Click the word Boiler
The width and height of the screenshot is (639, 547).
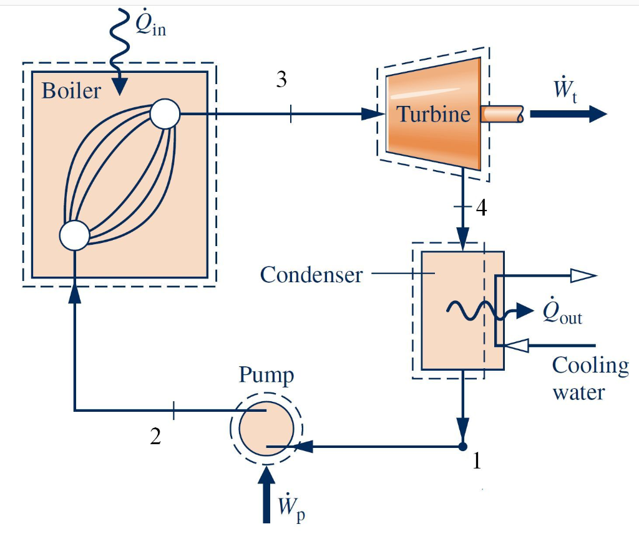[x=71, y=91]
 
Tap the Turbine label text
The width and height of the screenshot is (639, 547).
[x=433, y=114]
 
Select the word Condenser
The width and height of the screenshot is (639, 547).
[x=311, y=274]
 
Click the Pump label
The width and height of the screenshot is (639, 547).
[x=266, y=376]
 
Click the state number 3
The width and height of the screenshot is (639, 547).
[x=281, y=82]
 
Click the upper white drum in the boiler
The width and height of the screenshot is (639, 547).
[x=165, y=114]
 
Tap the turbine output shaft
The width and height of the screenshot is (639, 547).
[x=502, y=114]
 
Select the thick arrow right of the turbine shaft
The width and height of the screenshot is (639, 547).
[x=568, y=114]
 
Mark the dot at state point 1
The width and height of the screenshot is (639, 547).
[x=462, y=446]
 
